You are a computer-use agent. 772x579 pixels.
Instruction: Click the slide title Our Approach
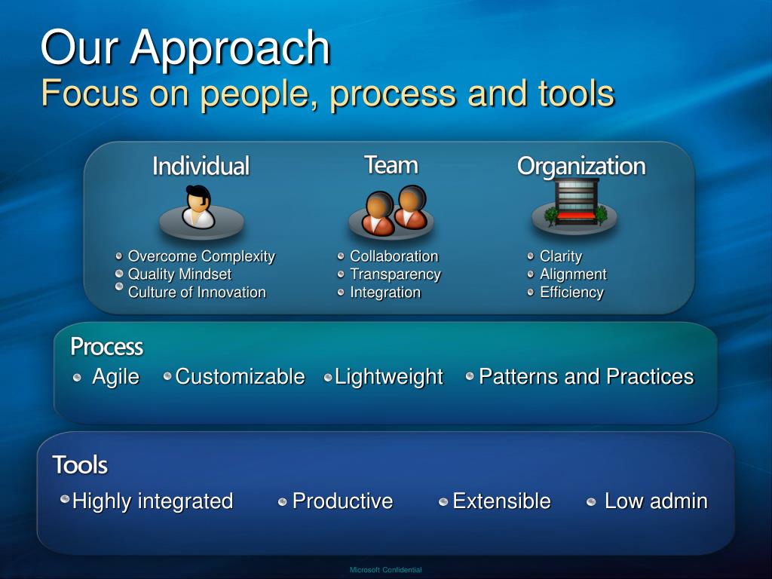(x=185, y=47)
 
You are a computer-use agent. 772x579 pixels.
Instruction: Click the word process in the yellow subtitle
(x=393, y=93)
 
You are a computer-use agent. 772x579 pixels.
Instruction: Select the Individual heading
(x=201, y=166)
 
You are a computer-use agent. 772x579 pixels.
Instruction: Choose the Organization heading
(x=581, y=167)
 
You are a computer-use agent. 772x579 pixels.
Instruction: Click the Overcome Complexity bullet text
(x=201, y=256)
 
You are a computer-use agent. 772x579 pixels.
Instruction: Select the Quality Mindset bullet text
(x=179, y=274)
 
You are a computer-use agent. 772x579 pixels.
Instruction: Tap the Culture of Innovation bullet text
(x=197, y=293)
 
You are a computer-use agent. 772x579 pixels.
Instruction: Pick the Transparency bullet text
(x=395, y=274)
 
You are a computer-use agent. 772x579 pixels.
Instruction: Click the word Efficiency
(x=571, y=293)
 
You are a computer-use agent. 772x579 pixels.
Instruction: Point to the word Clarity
(x=561, y=256)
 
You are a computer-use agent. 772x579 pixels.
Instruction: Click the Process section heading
(x=107, y=347)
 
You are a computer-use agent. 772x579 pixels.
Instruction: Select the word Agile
(x=115, y=378)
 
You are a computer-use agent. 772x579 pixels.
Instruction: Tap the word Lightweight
(x=389, y=378)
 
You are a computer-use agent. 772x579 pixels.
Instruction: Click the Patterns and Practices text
(x=587, y=377)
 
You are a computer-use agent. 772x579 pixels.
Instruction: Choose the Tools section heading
(x=80, y=464)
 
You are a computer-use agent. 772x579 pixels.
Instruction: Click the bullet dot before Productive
(x=282, y=501)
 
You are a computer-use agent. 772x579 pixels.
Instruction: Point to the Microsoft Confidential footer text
(x=385, y=570)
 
